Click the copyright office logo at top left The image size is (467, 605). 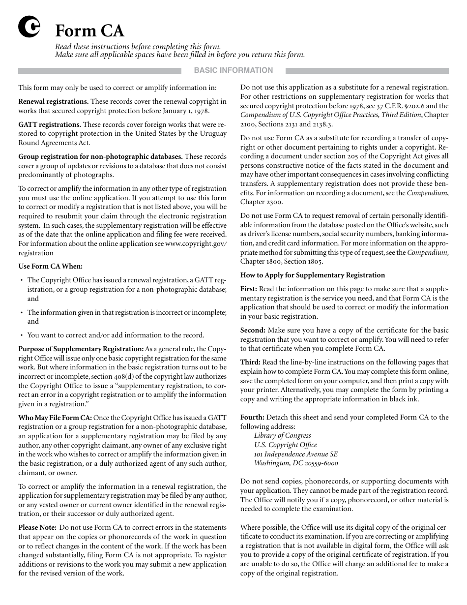pos(29,28)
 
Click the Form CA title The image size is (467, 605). pos(89,31)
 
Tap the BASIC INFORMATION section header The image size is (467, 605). pos(233,70)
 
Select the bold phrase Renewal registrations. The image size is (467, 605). pos(54,102)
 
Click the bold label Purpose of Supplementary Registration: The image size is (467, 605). pos(81,349)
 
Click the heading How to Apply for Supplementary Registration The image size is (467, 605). pos(313,275)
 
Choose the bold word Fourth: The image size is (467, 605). pos(252,418)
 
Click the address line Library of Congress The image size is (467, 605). pos(282,435)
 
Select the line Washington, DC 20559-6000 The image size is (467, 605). pos(296,463)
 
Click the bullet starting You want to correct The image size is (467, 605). pos(116,335)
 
